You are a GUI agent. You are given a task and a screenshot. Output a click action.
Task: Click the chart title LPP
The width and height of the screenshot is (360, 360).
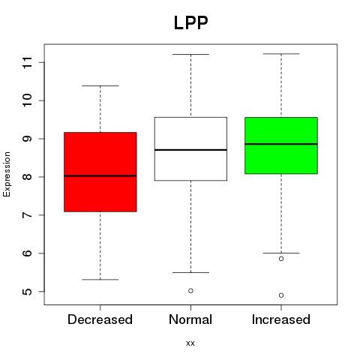(190, 22)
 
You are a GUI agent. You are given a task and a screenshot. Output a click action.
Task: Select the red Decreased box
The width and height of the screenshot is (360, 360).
(100, 172)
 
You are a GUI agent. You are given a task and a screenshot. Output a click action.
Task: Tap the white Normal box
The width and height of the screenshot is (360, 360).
(190, 148)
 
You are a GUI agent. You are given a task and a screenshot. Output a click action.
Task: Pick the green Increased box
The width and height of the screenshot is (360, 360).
(281, 145)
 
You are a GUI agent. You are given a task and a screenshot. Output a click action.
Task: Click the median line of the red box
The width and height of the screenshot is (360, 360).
(100, 175)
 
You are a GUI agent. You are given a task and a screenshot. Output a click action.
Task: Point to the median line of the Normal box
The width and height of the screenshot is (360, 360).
(190, 150)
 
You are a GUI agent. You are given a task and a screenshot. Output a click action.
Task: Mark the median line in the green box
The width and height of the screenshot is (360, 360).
(281, 144)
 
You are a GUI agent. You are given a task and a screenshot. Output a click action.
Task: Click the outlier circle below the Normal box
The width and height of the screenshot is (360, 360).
(190, 290)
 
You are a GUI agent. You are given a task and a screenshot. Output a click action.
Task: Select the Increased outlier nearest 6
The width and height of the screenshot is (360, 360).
(281, 259)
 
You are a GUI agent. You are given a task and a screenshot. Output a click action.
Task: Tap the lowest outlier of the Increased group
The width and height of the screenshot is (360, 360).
(281, 295)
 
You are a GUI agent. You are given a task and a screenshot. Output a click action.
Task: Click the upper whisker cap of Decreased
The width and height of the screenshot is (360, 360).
(100, 85)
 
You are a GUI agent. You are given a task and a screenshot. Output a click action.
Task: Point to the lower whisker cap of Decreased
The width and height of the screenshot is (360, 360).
(100, 280)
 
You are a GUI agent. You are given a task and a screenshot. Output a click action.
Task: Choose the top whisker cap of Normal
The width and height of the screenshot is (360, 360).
(190, 54)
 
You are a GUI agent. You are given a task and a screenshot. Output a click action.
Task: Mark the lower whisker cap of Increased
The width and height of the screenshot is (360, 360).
(281, 253)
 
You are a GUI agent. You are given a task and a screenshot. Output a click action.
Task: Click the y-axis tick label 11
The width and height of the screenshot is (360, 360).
(28, 62)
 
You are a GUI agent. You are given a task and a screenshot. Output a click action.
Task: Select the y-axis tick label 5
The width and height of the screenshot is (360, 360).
(28, 292)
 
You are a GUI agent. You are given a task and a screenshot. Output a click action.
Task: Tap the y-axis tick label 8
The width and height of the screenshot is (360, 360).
(28, 177)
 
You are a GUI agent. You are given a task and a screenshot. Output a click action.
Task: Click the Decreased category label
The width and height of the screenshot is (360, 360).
(100, 319)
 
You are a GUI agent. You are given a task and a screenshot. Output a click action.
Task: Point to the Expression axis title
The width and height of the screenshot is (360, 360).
(7, 174)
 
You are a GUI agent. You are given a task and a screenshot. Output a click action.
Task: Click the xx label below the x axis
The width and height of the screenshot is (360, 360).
(190, 343)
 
